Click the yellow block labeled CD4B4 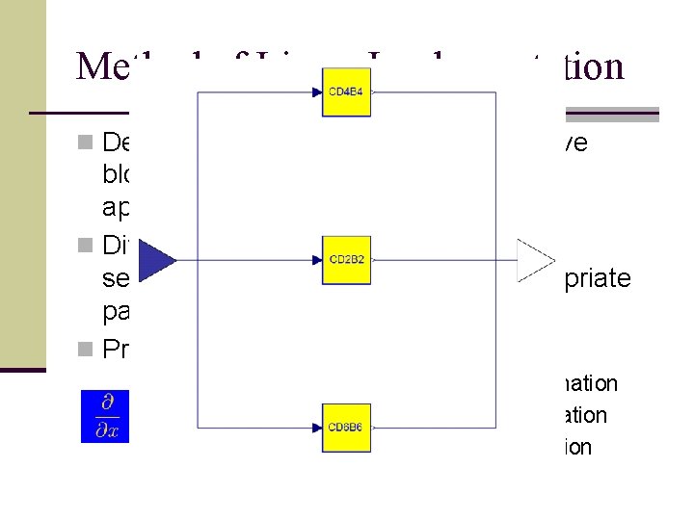(x=346, y=92)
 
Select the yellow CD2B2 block (x=346, y=260)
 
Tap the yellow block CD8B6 (x=346, y=428)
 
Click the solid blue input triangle (x=158, y=260)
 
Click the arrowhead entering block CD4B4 (x=317, y=93)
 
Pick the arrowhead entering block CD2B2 (x=317, y=260)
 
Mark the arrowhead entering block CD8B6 (x=317, y=428)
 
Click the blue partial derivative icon (x=104, y=416)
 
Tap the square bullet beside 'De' (x=85, y=143)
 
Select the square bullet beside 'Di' (x=85, y=246)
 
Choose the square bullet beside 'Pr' (x=85, y=350)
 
